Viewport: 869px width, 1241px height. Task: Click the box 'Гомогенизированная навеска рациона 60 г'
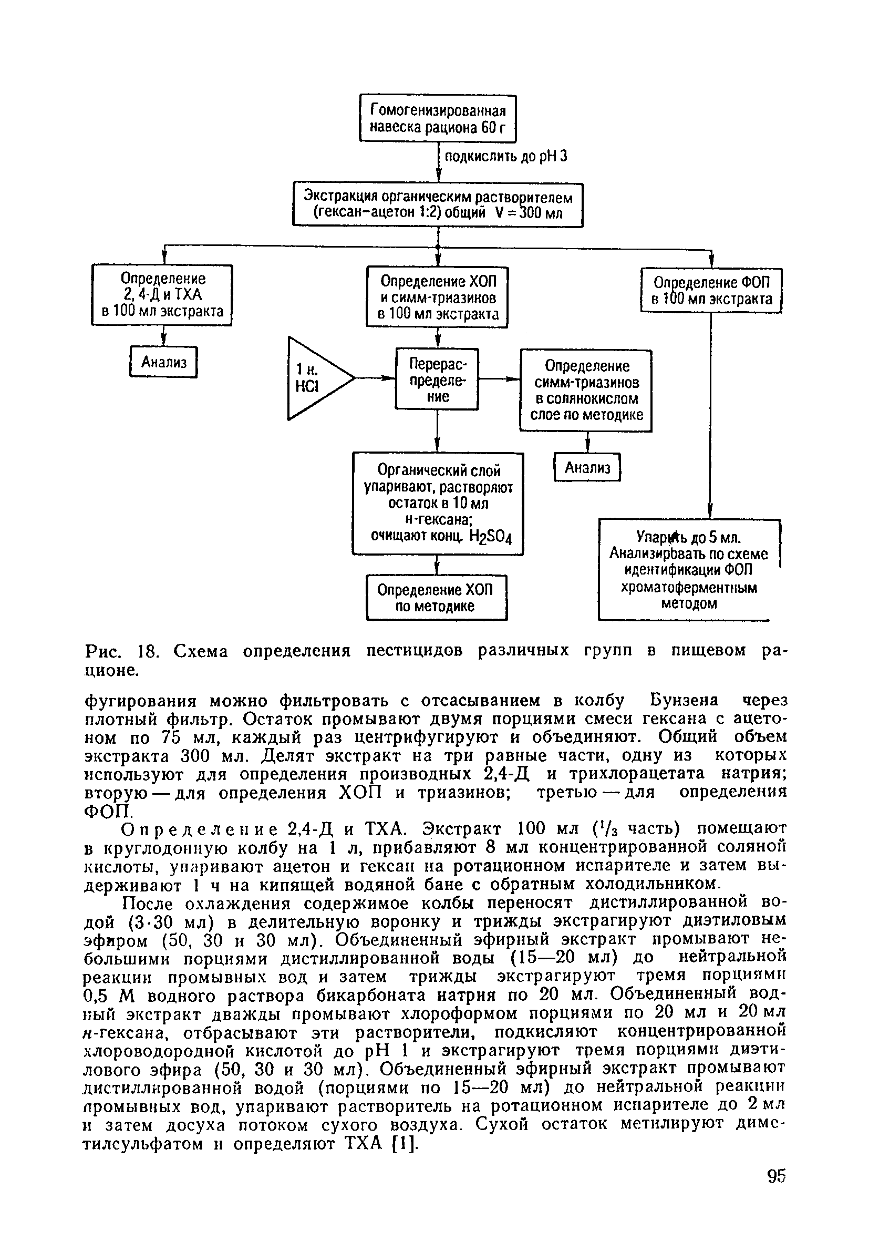coord(438,118)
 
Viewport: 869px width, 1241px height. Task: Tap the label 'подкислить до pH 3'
coord(505,157)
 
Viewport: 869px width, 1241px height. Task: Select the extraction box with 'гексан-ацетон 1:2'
coord(438,205)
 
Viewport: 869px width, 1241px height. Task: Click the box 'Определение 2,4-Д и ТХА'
coord(162,294)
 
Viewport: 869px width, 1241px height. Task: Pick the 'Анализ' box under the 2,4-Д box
coord(164,362)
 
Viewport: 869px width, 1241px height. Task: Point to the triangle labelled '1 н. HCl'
coord(314,378)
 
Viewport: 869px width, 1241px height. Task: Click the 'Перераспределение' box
coord(437,378)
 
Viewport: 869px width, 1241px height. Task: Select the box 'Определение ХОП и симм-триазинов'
coord(437,297)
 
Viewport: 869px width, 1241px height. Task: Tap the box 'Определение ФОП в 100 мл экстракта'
coord(711,291)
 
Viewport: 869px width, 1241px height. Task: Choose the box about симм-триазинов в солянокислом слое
coord(586,390)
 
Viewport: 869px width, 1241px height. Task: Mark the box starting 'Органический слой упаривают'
coord(438,503)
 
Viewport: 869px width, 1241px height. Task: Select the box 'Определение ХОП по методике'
coord(437,597)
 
